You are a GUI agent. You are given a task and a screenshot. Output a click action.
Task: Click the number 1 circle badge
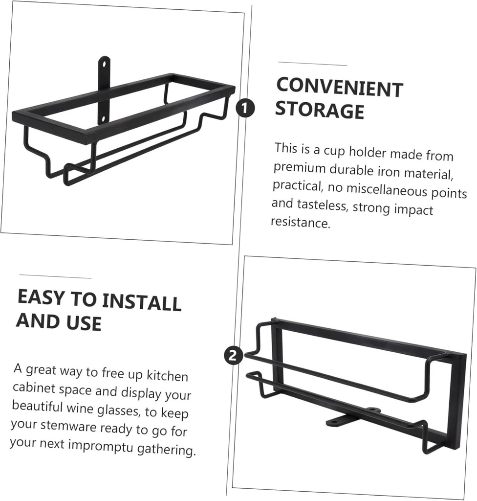[x=245, y=108]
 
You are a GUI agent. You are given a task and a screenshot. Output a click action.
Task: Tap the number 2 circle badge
[x=234, y=355]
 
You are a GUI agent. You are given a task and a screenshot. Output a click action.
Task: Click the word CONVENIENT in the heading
[x=339, y=88]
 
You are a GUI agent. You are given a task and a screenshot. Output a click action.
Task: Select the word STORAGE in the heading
[x=319, y=110]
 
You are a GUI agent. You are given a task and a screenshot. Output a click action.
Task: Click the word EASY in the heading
[x=41, y=297]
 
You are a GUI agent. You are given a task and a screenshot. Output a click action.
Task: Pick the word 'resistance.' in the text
[x=301, y=222]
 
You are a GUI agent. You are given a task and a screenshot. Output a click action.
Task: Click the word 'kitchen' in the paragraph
[x=167, y=375]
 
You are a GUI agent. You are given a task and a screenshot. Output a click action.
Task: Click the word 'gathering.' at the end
[x=166, y=450]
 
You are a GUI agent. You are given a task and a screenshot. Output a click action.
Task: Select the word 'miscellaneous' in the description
[x=387, y=190]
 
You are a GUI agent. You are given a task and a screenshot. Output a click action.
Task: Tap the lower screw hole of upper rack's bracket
[x=103, y=119]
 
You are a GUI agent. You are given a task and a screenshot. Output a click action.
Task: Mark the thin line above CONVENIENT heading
[x=312, y=64]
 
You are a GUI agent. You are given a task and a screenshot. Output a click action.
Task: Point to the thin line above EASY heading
[x=55, y=276]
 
